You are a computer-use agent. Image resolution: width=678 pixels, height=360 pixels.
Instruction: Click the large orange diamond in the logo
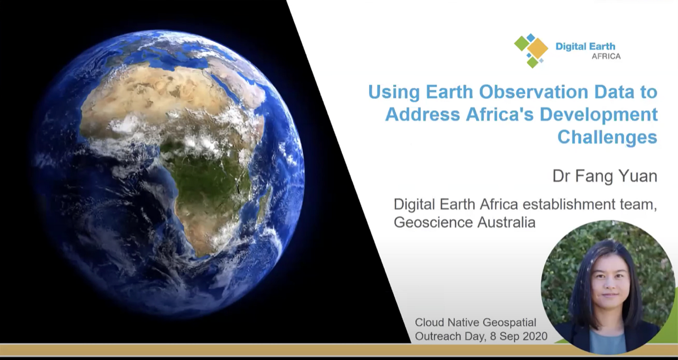tap(538, 49)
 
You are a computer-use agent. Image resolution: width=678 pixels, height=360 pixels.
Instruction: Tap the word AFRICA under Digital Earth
tap(606, 57)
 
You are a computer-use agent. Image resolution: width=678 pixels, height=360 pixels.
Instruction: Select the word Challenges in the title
tap(607, 137)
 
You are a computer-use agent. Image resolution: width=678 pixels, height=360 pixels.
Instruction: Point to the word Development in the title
tap(599, 115)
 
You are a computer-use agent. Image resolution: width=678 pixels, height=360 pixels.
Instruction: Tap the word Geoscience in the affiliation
tap(433, 223)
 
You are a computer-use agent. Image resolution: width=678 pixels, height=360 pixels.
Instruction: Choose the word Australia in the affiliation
tap(506, 223)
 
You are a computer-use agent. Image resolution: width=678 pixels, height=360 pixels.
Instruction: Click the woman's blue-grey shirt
tap(607, 343)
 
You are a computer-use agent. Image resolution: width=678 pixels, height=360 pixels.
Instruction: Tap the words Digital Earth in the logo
tap(585, 47)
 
